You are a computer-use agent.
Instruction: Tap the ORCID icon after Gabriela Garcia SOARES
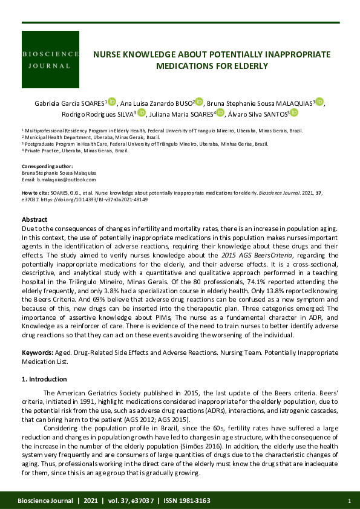tap(112, 102)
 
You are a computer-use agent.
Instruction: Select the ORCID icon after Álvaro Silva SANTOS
tap(294, 112)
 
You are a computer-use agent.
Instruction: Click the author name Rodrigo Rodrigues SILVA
tap(99, 113)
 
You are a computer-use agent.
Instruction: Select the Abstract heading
tap(34, 219)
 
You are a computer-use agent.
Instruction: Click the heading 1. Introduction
tap(44, 379)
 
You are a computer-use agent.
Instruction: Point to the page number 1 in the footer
tap(349, 501)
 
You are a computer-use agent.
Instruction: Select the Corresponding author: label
tap(47, 166)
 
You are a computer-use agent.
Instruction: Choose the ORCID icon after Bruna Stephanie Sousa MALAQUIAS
tap(319, 102)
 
